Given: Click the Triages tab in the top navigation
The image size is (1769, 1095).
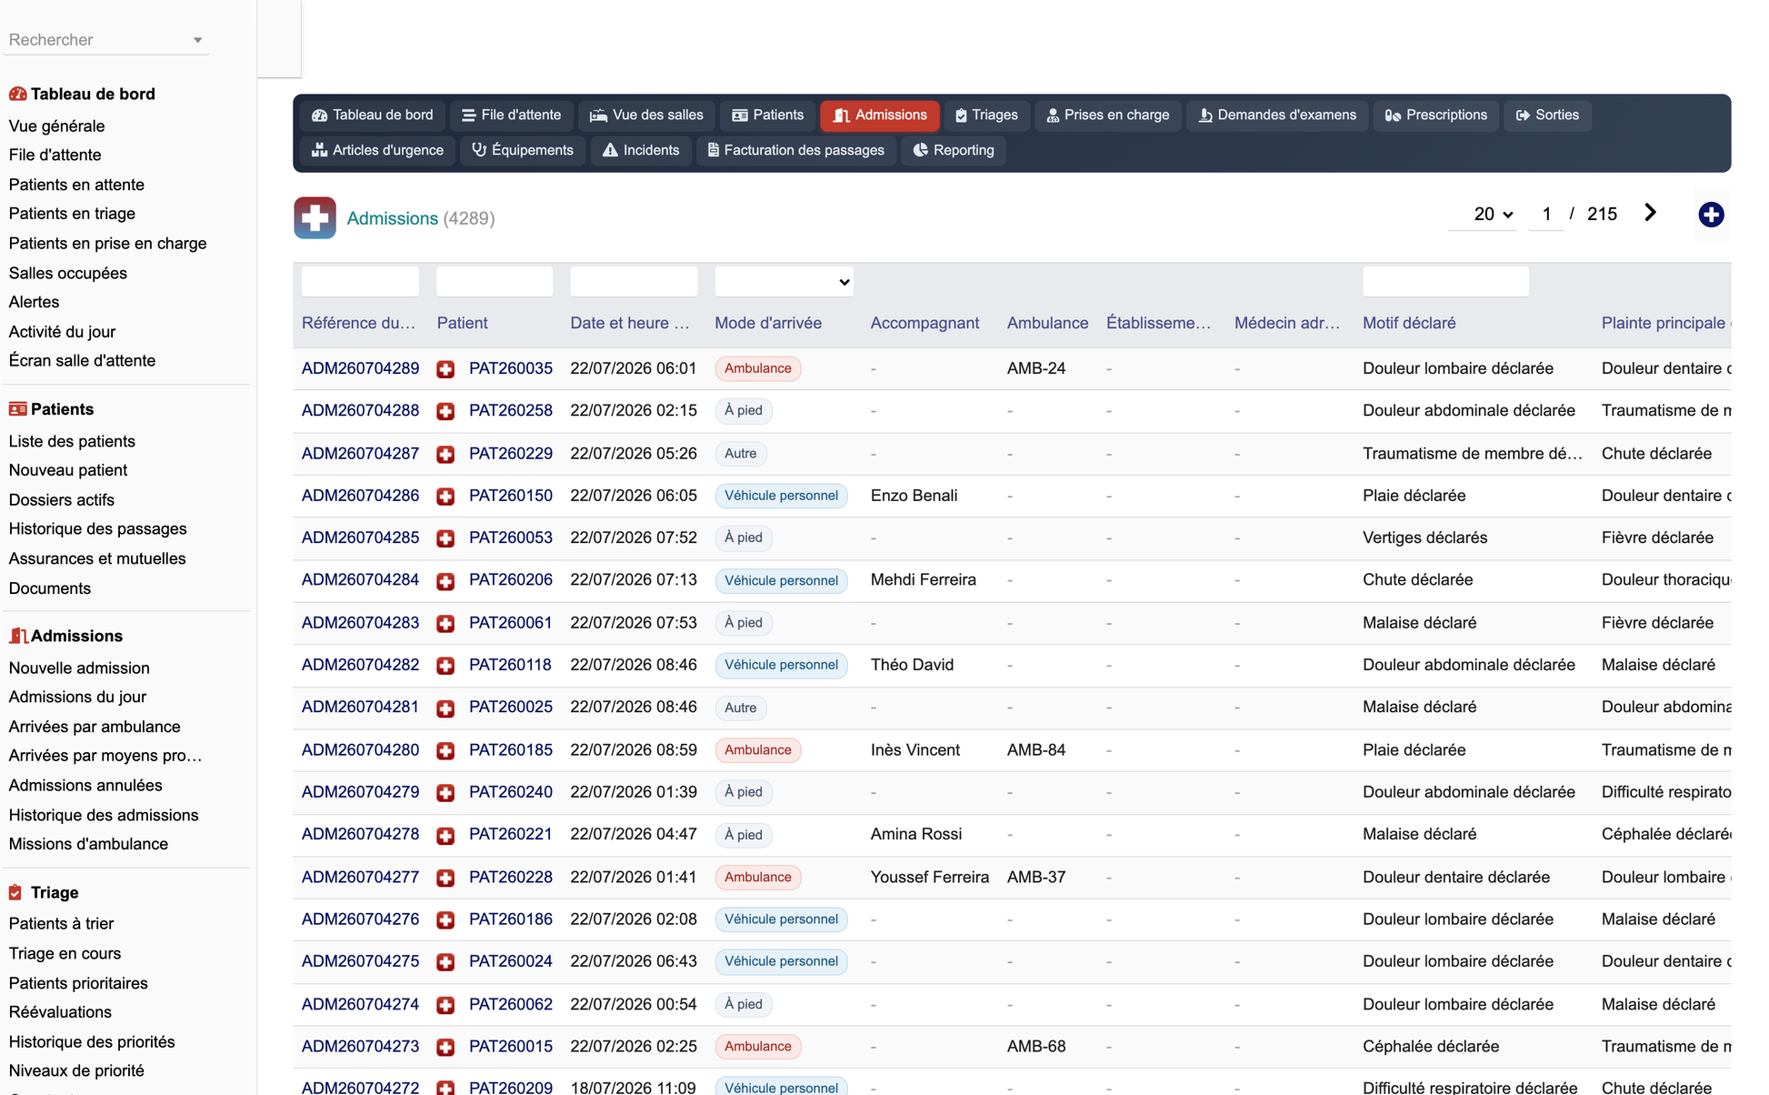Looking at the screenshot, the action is point(986,116).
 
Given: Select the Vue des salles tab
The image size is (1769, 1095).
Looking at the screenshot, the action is point(646,116).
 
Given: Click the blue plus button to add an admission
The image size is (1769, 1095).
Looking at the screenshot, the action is point(1711,215).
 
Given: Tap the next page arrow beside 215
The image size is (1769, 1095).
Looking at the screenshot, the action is point(1651,213).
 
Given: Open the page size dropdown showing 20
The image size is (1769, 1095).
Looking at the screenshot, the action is point(1493,215).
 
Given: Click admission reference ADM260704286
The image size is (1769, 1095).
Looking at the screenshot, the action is point(360,496).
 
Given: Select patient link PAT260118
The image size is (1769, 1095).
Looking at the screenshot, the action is point(510,665).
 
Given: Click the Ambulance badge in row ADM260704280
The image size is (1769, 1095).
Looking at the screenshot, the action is point(758,750).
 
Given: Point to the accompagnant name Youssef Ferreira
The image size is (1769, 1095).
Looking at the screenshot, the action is point(929,878).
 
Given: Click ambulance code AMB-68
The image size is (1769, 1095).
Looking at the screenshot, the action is point(1036,1047).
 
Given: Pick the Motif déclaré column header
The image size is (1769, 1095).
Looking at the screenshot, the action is point(1409,323).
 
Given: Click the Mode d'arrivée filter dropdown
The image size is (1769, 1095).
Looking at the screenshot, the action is point(784,282).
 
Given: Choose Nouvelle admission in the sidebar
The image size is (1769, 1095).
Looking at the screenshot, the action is point(79,668).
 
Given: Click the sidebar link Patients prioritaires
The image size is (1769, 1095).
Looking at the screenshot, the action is point(78,983).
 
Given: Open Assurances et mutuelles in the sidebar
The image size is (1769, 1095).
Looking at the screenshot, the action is point(97,558).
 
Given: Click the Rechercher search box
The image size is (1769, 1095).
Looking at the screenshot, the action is point(105,40).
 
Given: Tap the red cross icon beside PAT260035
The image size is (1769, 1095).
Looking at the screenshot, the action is point(445,369).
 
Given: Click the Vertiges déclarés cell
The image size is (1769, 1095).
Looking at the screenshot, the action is point(1424,537).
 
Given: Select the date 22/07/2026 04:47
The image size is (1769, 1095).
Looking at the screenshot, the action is point(634,834).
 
